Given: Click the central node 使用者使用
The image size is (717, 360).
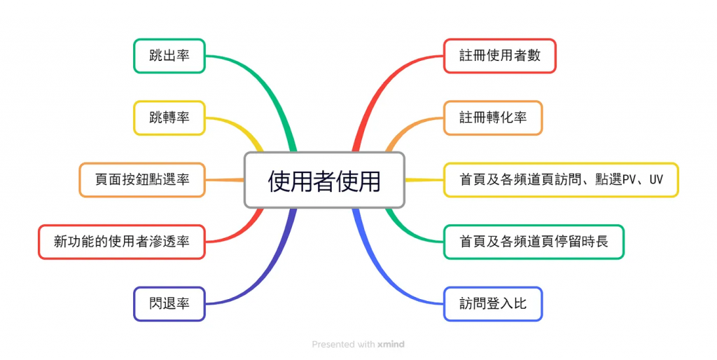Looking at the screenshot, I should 324,180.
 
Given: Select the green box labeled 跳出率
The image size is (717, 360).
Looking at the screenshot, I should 169,56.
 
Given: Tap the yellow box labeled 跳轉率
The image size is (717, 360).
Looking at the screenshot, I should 169,118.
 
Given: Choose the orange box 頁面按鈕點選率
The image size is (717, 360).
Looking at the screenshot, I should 142,180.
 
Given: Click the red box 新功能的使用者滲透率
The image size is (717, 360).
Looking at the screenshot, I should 121,242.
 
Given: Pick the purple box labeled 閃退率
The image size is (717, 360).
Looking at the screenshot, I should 169,304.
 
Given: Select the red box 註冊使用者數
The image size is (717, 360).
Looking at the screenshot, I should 499,56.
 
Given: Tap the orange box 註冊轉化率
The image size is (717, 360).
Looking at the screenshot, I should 493,118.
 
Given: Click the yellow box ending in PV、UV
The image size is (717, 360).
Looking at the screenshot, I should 560,180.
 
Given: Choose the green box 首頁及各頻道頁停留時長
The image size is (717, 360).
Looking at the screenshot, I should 533,242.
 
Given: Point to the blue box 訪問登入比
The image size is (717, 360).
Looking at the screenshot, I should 493,304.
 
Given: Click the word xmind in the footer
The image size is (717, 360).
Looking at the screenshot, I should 391,345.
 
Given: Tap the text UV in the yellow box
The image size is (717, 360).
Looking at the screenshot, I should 655,181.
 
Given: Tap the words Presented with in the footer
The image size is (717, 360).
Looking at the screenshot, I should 343,345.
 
